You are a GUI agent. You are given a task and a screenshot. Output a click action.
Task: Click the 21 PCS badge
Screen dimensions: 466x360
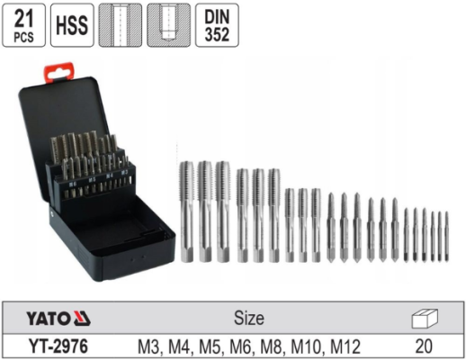tap(23, 25)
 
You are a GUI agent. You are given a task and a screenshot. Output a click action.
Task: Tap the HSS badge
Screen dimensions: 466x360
tap(72, 25)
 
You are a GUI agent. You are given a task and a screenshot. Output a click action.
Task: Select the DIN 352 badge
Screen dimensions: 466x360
tap(217, 25)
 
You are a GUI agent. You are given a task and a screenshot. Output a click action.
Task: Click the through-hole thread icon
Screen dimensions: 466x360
tap(121, 25)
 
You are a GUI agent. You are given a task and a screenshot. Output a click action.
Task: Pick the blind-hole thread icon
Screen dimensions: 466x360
tap(168, 25)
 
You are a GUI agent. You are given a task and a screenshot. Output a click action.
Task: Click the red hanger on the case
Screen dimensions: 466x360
tap(59, 71)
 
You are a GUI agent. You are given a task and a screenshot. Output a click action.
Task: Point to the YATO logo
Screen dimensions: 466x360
tap(58, 318)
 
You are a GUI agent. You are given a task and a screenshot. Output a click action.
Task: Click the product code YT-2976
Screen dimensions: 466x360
tap(58, 346)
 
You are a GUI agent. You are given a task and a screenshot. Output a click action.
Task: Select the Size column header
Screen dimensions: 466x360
tap(249, 318)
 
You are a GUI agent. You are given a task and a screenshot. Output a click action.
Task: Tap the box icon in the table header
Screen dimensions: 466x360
tap(425, 319)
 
